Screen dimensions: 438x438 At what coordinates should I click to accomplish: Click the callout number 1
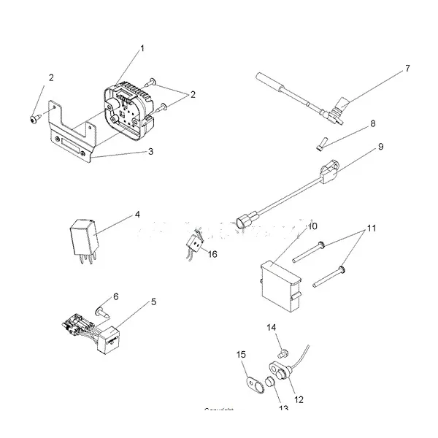[142, 48]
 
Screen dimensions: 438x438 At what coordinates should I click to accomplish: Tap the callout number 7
[407, 69]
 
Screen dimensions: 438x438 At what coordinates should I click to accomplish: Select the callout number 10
[312, 226]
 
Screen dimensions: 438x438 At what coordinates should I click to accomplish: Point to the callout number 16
[213, 253]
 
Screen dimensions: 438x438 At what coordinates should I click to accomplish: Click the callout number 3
[150, 152]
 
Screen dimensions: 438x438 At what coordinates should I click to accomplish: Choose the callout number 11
[372, 228]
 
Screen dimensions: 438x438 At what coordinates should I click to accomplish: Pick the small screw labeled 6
[102, 312]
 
